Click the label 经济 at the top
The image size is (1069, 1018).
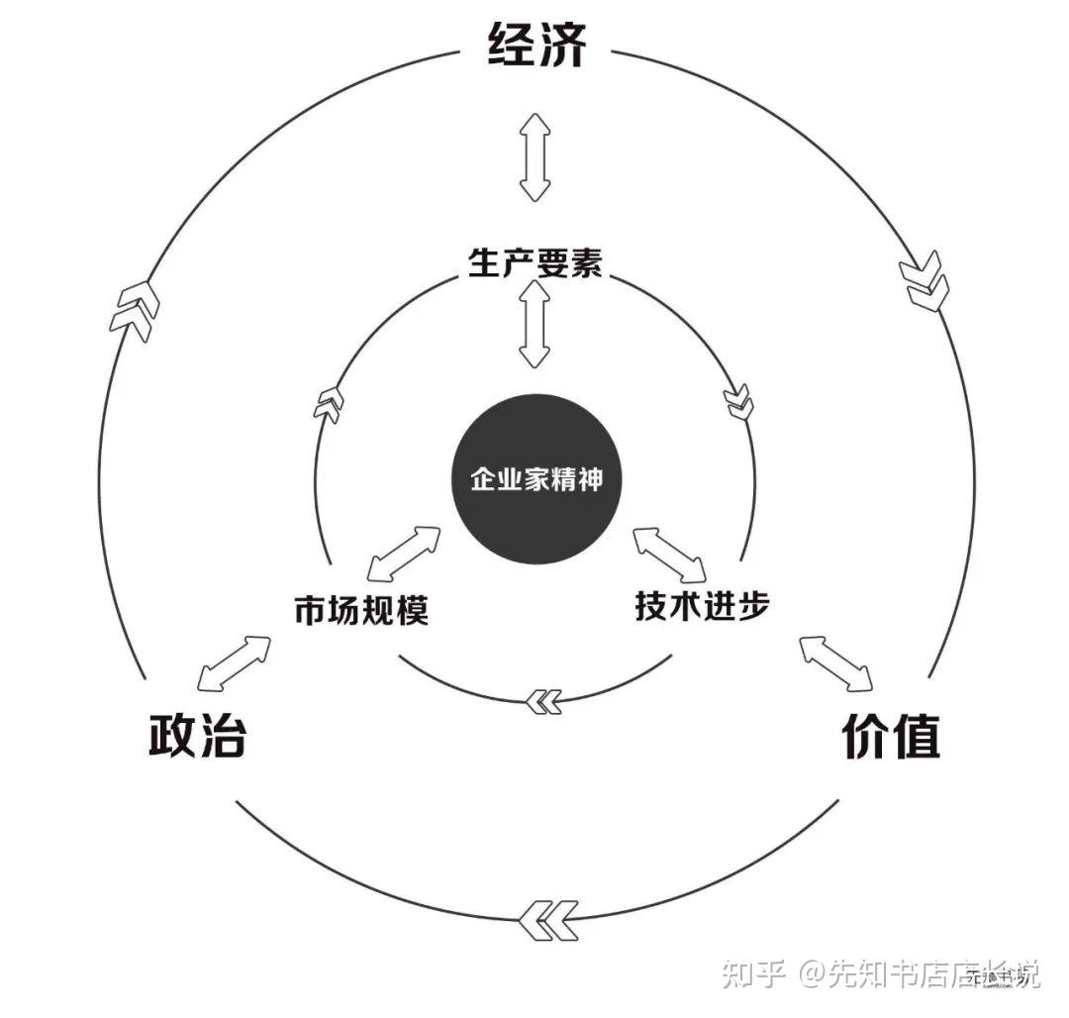click(537, 45)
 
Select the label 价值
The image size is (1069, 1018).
click(890, 736)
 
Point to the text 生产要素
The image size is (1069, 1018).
click(534, 262)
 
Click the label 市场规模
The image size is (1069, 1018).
click(361, 609)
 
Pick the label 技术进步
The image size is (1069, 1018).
click(702, 605)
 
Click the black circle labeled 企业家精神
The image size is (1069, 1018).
click(535, 480)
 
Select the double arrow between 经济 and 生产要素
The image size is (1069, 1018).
click(535, 157)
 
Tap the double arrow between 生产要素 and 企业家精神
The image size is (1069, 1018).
click(535, 325)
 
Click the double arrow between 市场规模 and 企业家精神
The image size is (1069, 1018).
click(403, 554)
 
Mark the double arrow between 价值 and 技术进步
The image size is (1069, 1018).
click(836, 662)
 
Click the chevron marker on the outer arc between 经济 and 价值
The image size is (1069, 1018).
click(924, 281)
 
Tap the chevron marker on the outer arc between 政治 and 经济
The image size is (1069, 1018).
click(136, 310)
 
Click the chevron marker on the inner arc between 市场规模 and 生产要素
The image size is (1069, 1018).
click(330, 403)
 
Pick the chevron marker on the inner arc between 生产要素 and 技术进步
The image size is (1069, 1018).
click(738, 401)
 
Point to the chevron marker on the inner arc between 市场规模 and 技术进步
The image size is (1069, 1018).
click(542, 701)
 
